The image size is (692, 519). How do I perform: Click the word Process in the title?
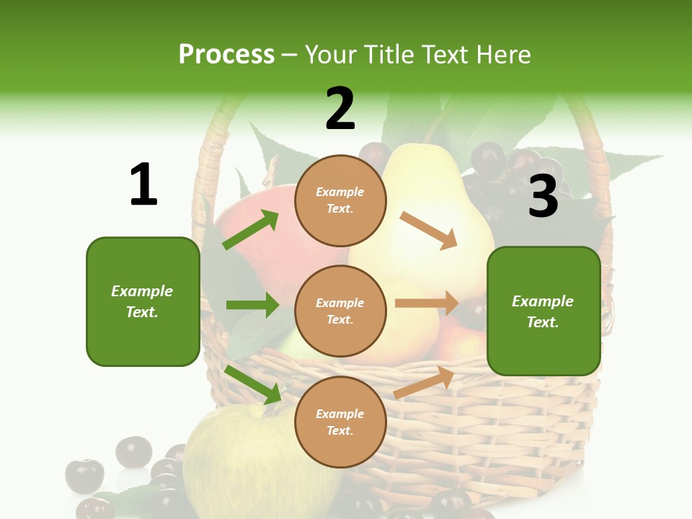point(226,54)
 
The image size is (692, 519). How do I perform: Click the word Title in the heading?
point(386,54)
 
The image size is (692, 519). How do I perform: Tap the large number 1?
point(143,185)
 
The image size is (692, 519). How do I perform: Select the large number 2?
point(340,109)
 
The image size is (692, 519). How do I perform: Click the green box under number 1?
point(143,301)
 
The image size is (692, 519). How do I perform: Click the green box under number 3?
point(544,311)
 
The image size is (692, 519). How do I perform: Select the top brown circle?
point(340,200)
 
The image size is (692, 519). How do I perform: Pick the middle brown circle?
point(340,311)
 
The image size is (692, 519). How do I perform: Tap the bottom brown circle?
point(340,422)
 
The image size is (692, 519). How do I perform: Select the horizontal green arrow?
point(252,305)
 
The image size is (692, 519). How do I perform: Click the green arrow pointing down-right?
point(252,383)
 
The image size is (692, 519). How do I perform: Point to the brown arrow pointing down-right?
point(428,230)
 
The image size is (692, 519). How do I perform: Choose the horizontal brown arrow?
point(427,303)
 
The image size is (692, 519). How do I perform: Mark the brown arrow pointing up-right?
point(424,382)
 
